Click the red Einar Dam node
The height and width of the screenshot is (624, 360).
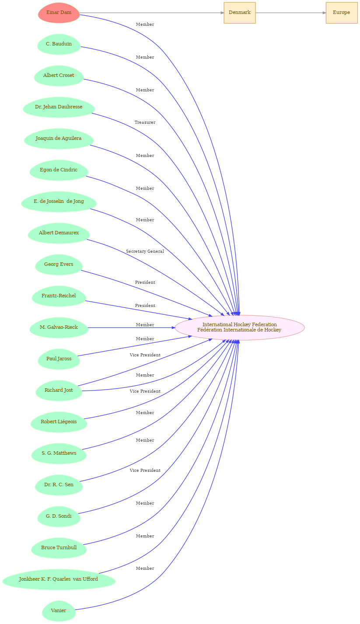59,13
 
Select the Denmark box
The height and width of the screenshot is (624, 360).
240,13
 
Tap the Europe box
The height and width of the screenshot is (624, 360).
342,13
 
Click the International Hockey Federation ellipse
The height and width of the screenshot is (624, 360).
240,328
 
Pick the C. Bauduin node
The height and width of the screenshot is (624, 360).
59,44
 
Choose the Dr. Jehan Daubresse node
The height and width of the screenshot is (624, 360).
59,107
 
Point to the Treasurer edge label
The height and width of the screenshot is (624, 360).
145,122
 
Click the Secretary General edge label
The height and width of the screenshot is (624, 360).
145,251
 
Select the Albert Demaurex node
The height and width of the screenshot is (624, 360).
59,233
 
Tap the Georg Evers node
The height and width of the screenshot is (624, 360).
59,265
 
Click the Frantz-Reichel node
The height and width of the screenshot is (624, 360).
59,296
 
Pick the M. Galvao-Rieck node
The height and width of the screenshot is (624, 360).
59,328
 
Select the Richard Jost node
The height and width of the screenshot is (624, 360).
59,390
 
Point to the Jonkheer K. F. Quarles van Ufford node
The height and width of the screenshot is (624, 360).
59,579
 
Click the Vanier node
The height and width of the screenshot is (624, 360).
59,611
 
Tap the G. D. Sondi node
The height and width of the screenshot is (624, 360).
59,516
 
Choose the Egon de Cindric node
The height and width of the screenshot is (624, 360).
59,170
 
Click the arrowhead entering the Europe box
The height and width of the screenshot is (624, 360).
324,13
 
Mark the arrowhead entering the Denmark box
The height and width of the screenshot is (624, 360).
222,13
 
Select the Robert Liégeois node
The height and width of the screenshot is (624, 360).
59,422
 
